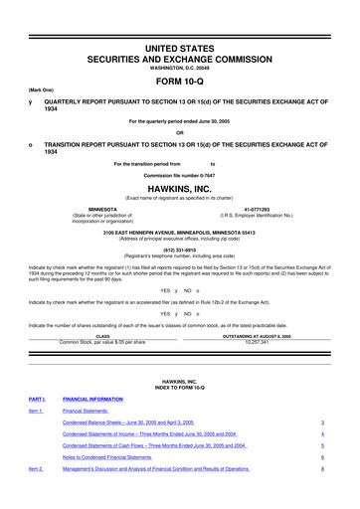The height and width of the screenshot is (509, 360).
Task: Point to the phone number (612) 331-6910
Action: point(180,250)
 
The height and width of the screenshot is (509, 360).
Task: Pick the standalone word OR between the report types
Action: point(180,133)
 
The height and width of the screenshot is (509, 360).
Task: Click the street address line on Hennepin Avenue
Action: point(180,233)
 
